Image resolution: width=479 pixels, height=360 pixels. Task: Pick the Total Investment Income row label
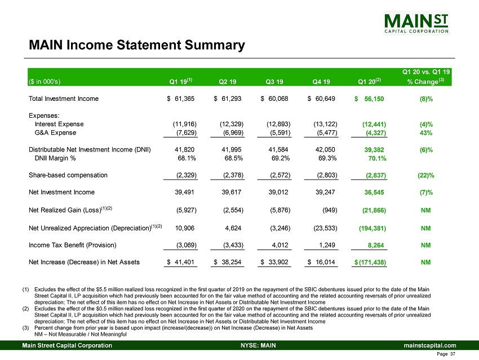coord(64,99)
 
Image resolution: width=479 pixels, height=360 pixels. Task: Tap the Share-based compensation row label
coord(68,175)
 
